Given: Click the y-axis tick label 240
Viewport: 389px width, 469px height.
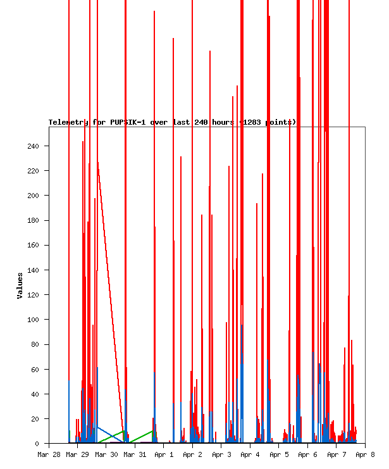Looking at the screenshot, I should coord(33,146).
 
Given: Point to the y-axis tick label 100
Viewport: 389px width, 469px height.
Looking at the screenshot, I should coord(33,320).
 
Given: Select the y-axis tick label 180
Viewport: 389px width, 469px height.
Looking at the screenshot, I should coord(33,220).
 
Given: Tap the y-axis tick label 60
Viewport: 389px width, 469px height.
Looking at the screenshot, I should coord(35,370).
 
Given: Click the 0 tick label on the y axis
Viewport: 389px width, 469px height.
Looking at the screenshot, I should coord(37,444).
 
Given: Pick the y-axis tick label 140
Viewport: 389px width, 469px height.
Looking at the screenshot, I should coord(33,270).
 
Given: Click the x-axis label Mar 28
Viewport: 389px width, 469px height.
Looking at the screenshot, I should coord(49,454).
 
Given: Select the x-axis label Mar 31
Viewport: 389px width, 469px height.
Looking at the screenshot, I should coord(135,454).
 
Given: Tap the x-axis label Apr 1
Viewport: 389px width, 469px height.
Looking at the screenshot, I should coord(164,454).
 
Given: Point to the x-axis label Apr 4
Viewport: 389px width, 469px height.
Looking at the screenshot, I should coord(250,454).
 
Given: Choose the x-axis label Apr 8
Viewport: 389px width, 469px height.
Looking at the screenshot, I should coord(365,454).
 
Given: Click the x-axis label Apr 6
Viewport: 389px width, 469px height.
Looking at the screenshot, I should coord(307,454).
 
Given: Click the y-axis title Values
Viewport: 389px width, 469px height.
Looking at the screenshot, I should coord(20,285).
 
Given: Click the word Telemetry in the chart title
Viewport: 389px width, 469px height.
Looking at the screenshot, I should coord(69,122).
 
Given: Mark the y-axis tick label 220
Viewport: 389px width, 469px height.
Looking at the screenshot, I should coord(33,171).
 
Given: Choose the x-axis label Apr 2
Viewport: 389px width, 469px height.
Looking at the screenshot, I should coord(192,454).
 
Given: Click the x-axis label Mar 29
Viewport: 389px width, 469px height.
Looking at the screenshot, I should coord(77,454).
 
